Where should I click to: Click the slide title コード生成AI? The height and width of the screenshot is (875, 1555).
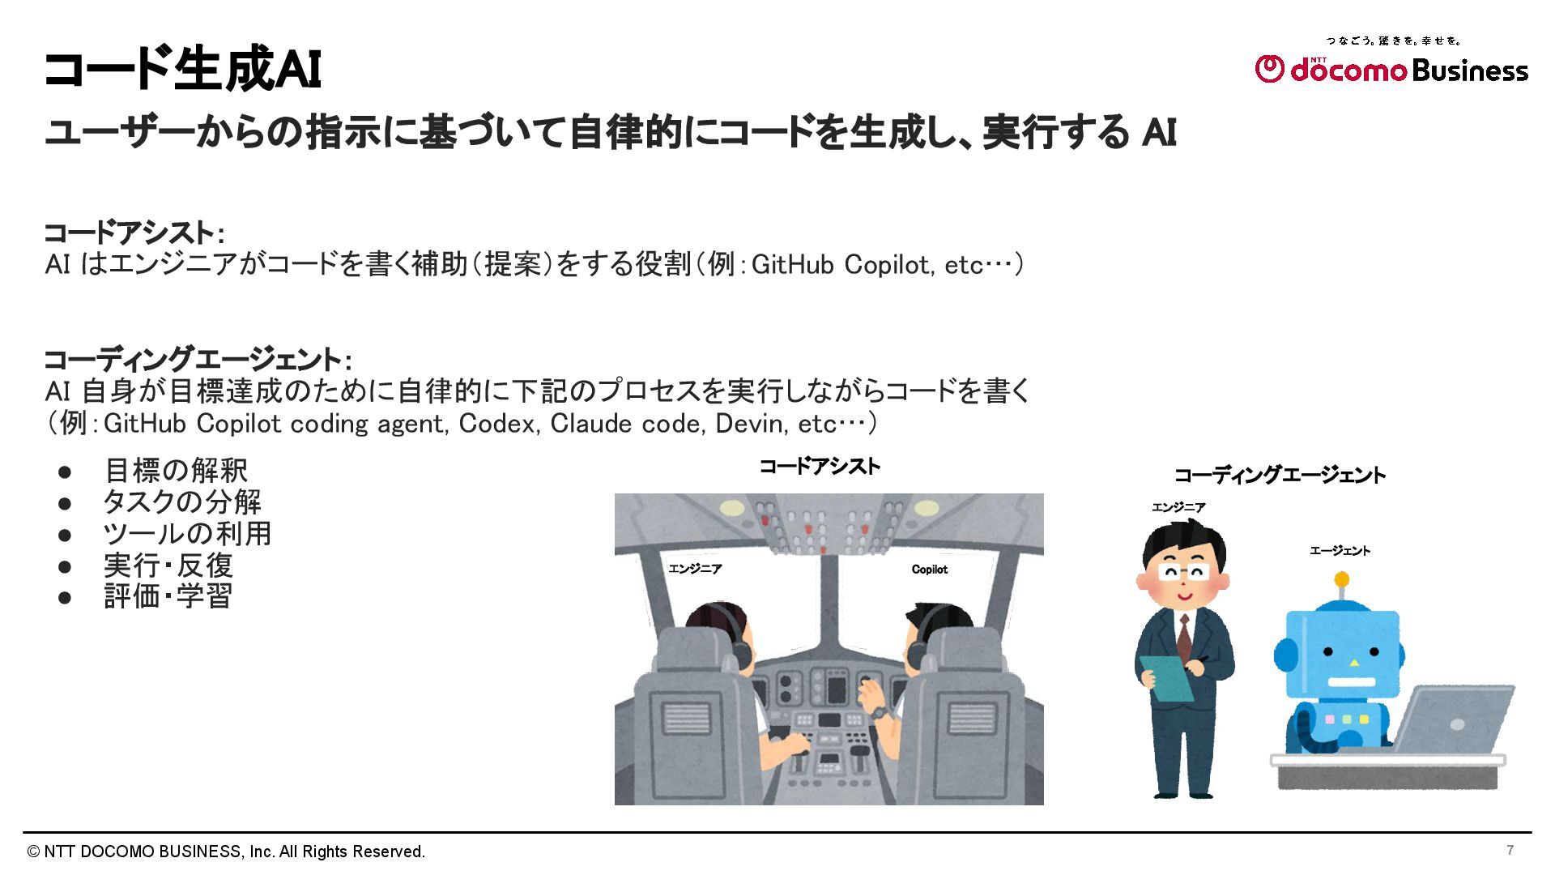click(182, 70)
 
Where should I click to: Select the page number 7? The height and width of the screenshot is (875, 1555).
click(1510, 850)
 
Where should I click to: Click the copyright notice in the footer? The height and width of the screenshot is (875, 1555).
click(226, 852)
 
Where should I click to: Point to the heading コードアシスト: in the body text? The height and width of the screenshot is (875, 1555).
click(134, 233)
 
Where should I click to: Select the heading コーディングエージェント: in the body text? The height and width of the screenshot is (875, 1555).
click(198, 360)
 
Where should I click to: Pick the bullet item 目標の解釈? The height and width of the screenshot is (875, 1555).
click(176, 471)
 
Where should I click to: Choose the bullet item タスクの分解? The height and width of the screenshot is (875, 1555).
click(182, 502)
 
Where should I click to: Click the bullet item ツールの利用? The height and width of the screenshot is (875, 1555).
click(187, 534)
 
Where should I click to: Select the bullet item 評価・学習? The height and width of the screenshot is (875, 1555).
click(168, 596)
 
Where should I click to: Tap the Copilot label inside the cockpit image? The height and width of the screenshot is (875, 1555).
click(930, 570)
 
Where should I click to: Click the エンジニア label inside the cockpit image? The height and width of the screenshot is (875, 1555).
click(695, 569)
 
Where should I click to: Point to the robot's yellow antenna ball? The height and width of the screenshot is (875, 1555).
click(1341, 579)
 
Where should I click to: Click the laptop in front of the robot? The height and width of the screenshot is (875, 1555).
click(1446, 721)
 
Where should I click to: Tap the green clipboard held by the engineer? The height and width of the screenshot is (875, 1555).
click(1166, 678)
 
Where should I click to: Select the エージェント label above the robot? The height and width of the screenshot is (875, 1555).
click(1340, 551)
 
